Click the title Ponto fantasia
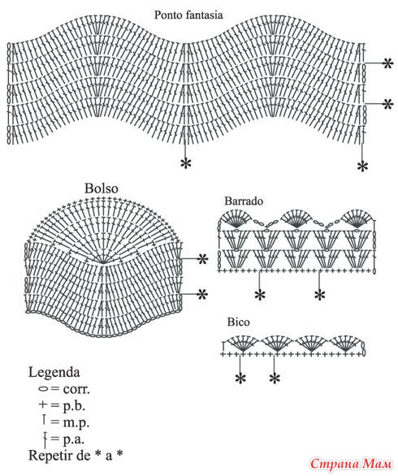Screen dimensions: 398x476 click(188, 15)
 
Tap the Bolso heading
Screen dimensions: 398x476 click(101, 188)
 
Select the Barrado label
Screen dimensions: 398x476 click(244, 201)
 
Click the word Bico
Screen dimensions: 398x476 click(238, 322)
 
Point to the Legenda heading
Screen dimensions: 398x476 click(54, 373)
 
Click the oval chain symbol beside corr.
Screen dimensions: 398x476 click(44, 388)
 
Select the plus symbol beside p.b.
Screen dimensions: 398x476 click(43, 405)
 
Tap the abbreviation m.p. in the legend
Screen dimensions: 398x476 click(76, 422)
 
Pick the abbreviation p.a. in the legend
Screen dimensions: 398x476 click(74, 439)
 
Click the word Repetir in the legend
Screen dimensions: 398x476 click(48, 455)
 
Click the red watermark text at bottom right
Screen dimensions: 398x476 click(351, 464)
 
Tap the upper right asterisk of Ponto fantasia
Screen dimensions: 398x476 click(387, 63)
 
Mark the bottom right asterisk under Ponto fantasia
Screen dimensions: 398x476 click(362, 167)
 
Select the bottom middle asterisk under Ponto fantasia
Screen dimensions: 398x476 click(186, 163)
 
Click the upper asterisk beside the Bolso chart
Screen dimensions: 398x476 click(202, 259)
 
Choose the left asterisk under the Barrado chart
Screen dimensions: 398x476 click(260, 295)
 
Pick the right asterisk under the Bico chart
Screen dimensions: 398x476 click(275, 379)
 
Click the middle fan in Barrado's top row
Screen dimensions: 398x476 click(296, 219)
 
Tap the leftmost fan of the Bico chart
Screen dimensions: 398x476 click(243, 344)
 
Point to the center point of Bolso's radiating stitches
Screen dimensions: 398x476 click(103, 263)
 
